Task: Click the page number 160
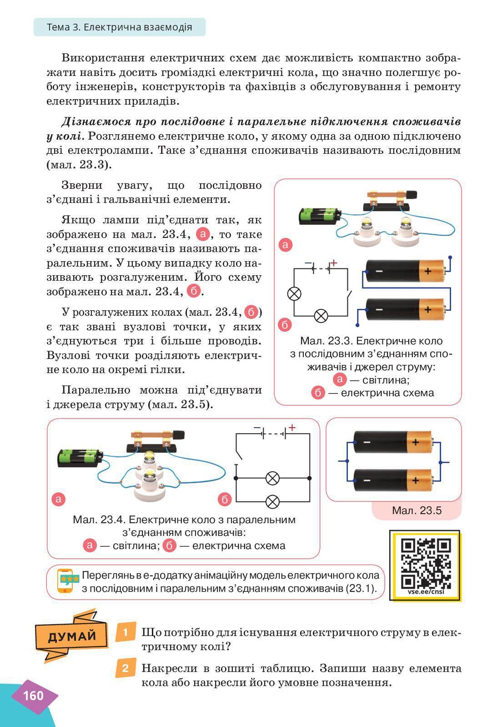pyautogui.click(x=33, y=696)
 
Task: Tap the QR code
pyautogui.click(x=426, y=564)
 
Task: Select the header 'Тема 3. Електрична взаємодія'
pyautogui.click(x=119, y=27)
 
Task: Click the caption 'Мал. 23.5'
pyautogui.click(x=417, y=510)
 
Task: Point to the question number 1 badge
pyautogui.click(x=125, y=632)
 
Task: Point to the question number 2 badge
pyautogui.click(x=125, y=668)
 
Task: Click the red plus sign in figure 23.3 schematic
pyautogui.click(x=334, y=263)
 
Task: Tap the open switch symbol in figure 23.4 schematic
pyautogui.click(x=238, y=455)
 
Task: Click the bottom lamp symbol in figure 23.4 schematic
pyautogui.click(x=272, y=501)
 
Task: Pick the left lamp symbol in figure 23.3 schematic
pyautogui.click(x=295, y=293)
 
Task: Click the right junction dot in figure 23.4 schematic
pyautogui.click(x=310, y=478)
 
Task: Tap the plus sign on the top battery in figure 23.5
pyautogui.click(x=415, y=441)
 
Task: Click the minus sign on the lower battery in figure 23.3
pyautogui.click(x=379, y=310)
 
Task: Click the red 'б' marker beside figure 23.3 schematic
pyautogui.click(x=285, y=325)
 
